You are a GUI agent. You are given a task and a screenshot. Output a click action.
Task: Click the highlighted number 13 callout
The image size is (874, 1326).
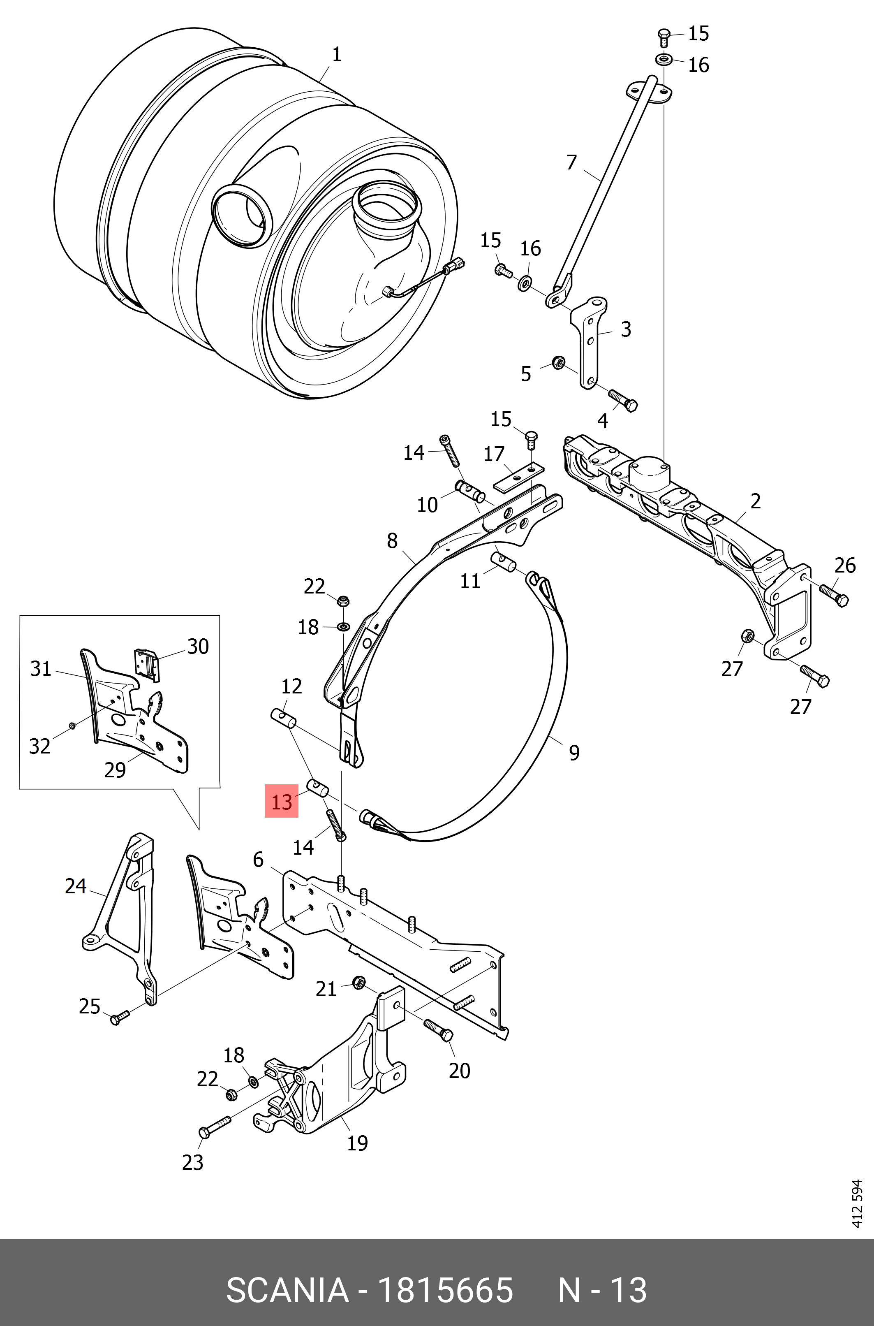pos(282,801)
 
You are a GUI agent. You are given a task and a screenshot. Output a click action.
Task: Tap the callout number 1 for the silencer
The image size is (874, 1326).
pos(336,55)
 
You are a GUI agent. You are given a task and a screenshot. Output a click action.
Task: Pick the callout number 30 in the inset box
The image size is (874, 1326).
pos(198,646)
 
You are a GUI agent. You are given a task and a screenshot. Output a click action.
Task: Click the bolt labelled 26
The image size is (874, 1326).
pos(835,596)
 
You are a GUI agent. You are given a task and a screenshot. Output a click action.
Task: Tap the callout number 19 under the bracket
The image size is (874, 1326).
pos(357,1143)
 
